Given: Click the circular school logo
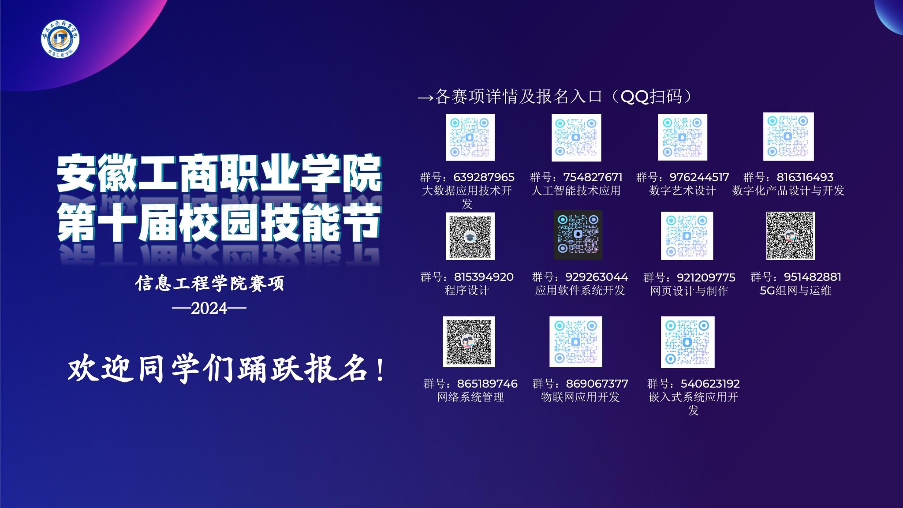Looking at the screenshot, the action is pos(60,39).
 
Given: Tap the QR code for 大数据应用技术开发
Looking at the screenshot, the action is pos(470,137).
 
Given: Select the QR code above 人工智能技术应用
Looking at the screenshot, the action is pos(576,138).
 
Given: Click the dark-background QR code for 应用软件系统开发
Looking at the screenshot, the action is pos(578,235).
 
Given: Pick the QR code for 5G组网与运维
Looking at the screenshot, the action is pos(790,235).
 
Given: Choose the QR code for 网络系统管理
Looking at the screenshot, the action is pos(469,341).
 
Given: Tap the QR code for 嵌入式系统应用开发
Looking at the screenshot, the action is pos(687,342).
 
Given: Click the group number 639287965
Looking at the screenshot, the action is pos(484,177).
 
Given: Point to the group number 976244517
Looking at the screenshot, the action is pos(699,177).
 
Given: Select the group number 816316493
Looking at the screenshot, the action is pos(805,177).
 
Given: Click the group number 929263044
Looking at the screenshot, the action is pos(597,277).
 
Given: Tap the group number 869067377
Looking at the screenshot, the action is pos(597,384).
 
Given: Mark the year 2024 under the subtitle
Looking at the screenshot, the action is pos(209,308).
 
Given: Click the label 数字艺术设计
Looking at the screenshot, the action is pos(682,190).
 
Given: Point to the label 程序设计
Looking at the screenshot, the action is pos(467,291).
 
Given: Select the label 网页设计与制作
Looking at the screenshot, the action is pos(689,291).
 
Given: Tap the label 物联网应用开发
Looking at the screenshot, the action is pos(580,397).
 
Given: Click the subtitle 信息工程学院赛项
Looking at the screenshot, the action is pos(210,284).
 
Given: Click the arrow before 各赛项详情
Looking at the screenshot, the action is pos(426,97).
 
